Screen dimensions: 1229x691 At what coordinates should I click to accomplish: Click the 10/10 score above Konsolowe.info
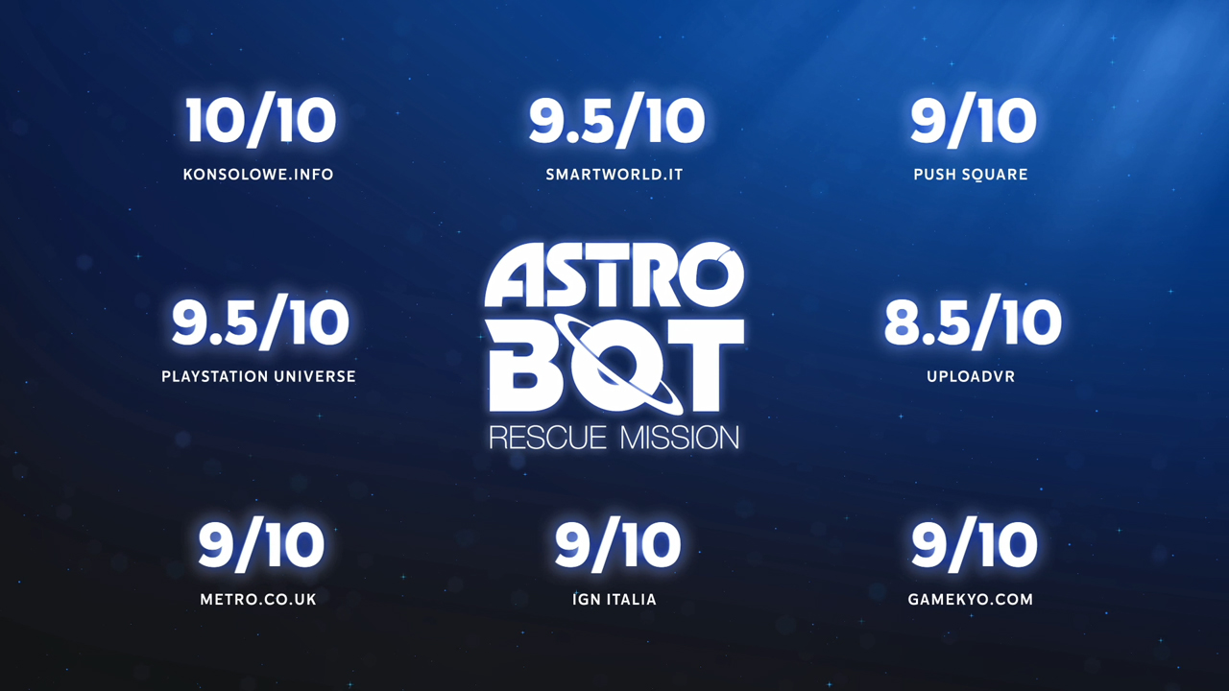pyautogui.click(x=260, y=121)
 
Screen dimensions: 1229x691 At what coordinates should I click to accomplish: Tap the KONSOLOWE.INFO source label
pyautogui.click(x=258, y=175)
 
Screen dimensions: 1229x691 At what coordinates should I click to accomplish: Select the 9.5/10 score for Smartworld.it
pyautogui.click(x=616, y=121)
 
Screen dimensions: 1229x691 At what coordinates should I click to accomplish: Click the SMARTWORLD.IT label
pyautogui.click(x=614, y=175)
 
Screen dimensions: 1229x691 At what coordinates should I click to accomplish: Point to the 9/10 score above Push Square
pyautogui.click(x=974, y=121)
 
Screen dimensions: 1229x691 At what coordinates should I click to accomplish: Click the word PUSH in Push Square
pyautogui.click(x=934, y=175)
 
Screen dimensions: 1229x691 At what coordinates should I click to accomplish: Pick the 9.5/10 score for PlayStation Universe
pyautogui.click(x=260, y=322)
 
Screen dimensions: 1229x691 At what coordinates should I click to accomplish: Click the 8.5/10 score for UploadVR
pyautogui.click(x=973, y=322)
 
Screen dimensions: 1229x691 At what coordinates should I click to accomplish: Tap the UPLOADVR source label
pyautogui.click(x=971, y=377)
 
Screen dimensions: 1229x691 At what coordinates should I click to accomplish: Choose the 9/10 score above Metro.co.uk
pyautogui.click(x=261, y=545)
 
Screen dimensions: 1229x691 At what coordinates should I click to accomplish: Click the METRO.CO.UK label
pyautogui.click(x=258, y=600)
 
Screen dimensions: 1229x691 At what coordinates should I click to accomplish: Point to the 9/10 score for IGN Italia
pyautogui.click(x=617, y=545)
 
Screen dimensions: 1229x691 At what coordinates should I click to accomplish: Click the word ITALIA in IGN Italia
pyautogui.click(x=632, y=600)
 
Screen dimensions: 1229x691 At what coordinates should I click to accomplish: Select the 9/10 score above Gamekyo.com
pyautogui.click(x=974, y=545)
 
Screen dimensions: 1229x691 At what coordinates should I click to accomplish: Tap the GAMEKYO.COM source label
pyautogui.click(x=971, y=600)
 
